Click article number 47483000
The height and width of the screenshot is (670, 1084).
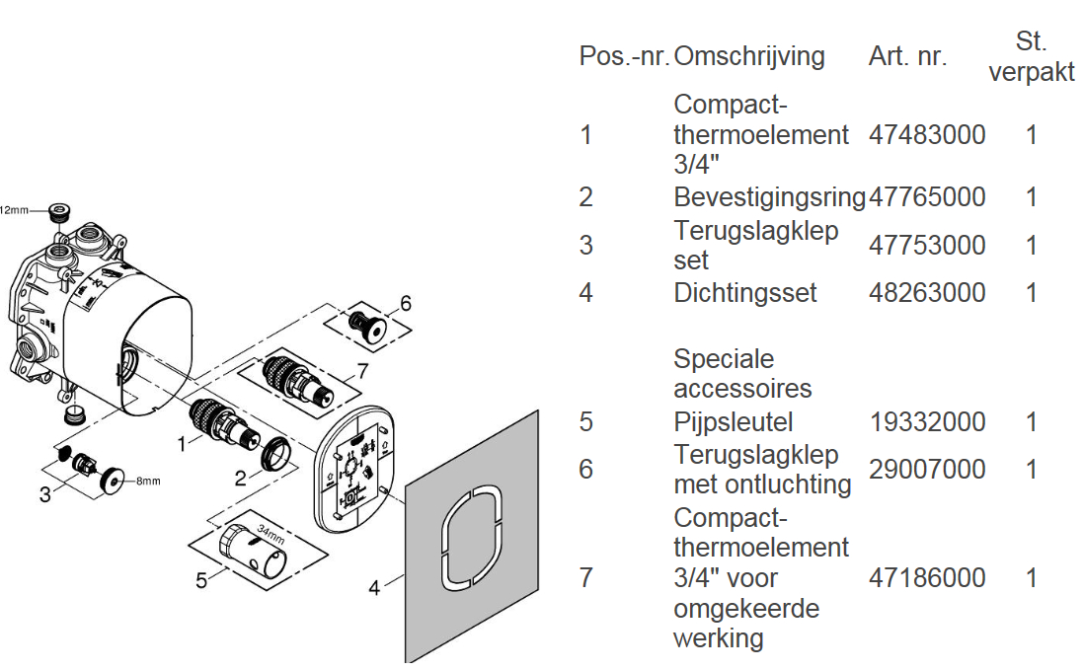[927, 135]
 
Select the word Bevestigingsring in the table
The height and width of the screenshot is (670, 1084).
[770, 197]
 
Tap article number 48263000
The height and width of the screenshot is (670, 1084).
[927, 293]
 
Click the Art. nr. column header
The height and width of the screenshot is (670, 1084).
[907, 56]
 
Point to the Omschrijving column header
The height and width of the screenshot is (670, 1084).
[748, 56]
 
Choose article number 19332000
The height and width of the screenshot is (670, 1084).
[927, 422]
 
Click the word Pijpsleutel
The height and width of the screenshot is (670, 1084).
[734, 422]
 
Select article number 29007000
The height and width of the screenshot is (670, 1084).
[927, 470]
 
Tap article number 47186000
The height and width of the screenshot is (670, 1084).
[927, 577]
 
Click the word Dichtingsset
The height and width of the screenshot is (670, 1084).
[745, 293]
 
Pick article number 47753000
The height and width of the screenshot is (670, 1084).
[927, 245]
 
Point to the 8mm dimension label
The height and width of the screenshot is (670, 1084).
[147, 482]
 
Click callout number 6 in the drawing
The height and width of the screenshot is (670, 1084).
[405, 303]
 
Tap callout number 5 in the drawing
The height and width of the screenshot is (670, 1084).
[201, 580]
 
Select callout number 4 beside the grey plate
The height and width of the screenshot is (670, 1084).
[374, 589]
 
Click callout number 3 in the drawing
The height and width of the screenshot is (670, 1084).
[44, 494]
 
